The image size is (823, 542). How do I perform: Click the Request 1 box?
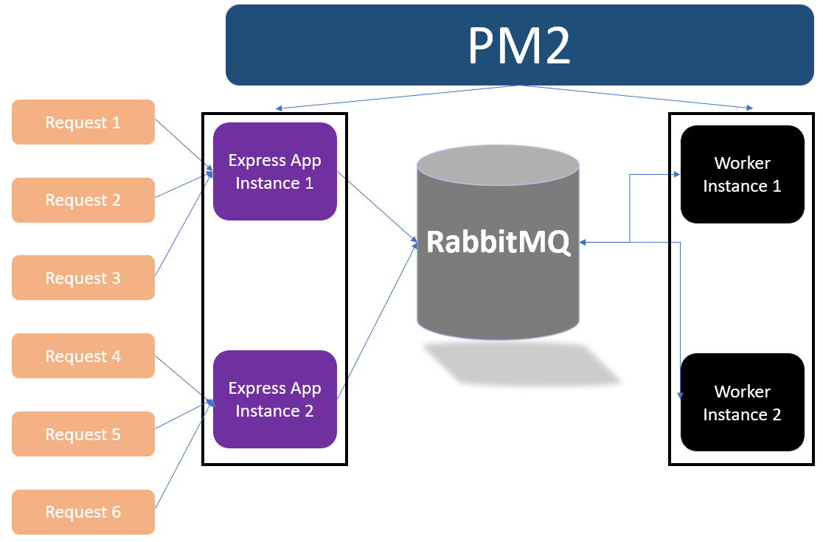tap(83, 122)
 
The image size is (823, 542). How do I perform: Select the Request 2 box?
tap(83, 200)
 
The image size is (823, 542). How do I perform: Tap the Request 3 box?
tap(83, 277)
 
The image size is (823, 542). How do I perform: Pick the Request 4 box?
tap(83, 355)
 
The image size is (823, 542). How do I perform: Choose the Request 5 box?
tap(83, 434)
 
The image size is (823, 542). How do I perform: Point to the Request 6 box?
tap(83, 512)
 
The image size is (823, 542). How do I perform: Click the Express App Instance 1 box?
tap(275, 172)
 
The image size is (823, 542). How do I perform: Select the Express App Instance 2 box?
tap(275, 399)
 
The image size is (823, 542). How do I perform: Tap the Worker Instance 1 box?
tap(742, 174)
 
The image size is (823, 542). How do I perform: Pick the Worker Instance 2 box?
tap(742, 403)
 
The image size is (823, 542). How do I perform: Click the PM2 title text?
tap(519, 46)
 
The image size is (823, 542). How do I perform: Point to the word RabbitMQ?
tap(498, 242)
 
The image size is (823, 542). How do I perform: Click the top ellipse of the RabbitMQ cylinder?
tap(498, 165)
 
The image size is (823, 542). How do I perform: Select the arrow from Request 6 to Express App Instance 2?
tap(184, 454)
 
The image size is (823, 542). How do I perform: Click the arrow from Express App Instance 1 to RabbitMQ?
tap(377, 207)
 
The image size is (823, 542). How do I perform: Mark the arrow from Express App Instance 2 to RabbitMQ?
tap(377, 321)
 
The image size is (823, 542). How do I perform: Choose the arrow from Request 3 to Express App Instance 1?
tap(184, 223)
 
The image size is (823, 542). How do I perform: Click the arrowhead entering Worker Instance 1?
tap(677, 174)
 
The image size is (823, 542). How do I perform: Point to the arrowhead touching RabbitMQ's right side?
tap(583, 243)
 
